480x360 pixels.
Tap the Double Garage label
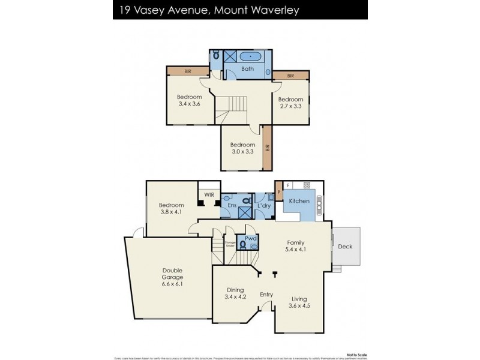click(172, 277)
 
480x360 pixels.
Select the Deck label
click(346, 246)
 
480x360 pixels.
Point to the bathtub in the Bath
click(247, 57)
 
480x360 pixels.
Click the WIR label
click(209, 194)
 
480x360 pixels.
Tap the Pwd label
click(251, 238)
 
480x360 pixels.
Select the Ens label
click(232, 205)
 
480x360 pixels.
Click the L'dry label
click(264, 206)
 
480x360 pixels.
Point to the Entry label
click(266, 295)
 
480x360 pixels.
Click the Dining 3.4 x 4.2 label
click(235, 292)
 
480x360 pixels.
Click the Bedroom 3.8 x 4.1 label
click(172, 209)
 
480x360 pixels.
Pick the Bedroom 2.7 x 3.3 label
click(290, 103)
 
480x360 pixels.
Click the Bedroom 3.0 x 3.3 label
click(243, 148)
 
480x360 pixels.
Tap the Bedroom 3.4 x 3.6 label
click(189, 100)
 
